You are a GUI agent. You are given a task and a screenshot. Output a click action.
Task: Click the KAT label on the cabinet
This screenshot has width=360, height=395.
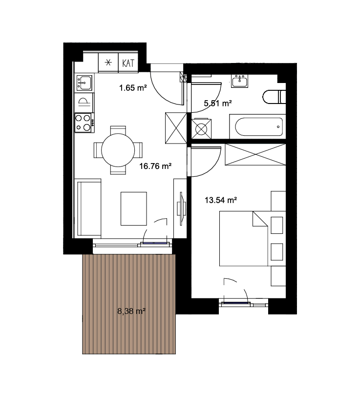pos(128,63)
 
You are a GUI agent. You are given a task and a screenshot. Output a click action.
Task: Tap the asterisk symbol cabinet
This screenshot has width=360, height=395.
pos(108,62)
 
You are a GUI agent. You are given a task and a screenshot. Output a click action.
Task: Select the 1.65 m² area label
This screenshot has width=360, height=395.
pos(133,88)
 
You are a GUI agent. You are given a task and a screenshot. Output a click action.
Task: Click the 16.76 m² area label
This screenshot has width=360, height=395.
pos(155,166)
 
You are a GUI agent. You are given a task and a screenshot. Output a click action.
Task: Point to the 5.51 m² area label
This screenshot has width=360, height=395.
pos(217,103)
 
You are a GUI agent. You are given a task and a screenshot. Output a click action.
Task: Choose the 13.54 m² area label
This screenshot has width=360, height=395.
pos(221,200)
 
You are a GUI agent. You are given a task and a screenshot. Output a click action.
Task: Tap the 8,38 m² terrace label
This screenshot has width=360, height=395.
pos(131,312)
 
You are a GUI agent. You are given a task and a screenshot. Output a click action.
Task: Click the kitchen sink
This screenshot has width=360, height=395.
pos(85,83)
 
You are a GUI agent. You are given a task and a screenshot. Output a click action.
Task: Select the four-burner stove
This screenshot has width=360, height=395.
pos(84,123)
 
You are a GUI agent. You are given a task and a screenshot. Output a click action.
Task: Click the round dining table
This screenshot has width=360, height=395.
pos(118,150)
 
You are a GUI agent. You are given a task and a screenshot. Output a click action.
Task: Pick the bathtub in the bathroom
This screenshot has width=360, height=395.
pos(259,127)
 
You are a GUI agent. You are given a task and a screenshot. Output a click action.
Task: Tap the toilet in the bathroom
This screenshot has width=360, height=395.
pos(275,97)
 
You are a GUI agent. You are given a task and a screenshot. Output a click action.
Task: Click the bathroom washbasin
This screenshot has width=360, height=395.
pos(240,81)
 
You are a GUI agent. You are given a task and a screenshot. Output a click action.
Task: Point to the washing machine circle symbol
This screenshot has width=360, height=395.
pos(201,129)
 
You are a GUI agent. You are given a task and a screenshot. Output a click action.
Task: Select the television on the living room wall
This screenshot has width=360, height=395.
pos(182,208)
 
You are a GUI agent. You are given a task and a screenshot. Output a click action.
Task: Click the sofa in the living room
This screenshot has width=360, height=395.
pos(89,208)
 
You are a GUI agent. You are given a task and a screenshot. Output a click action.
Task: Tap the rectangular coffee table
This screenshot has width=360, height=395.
pos(134,208)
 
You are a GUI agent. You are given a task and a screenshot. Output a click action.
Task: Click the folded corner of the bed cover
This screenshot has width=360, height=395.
pos(260,219)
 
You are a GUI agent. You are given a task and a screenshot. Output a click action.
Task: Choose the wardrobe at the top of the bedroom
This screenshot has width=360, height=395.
pos(255,154)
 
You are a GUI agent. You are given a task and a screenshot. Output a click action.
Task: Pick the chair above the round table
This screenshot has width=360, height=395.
pos(118,130)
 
